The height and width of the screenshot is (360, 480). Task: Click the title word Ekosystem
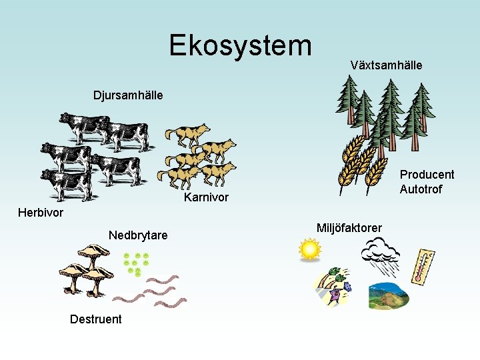tap(240, 45)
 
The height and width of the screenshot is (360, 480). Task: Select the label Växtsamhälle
tap(386, 65)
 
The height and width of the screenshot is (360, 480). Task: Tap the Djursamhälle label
tap(127, 95)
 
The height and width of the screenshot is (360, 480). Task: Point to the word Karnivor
tap(206, 197)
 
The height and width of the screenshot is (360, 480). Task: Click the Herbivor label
tap(41, 213)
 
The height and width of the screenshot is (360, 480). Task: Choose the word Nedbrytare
tap(138, 235)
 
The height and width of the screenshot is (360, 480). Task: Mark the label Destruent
tap(96, 319)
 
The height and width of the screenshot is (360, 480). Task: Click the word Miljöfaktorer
tap(349, 228)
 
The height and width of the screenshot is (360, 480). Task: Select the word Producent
tap(427, 175)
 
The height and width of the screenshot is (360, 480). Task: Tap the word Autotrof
tap(421, 189)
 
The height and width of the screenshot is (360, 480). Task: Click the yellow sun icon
tap(310, 249)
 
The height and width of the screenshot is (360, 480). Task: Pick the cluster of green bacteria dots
tap(136, 263)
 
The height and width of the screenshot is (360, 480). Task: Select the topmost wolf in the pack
tap(189, 134)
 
